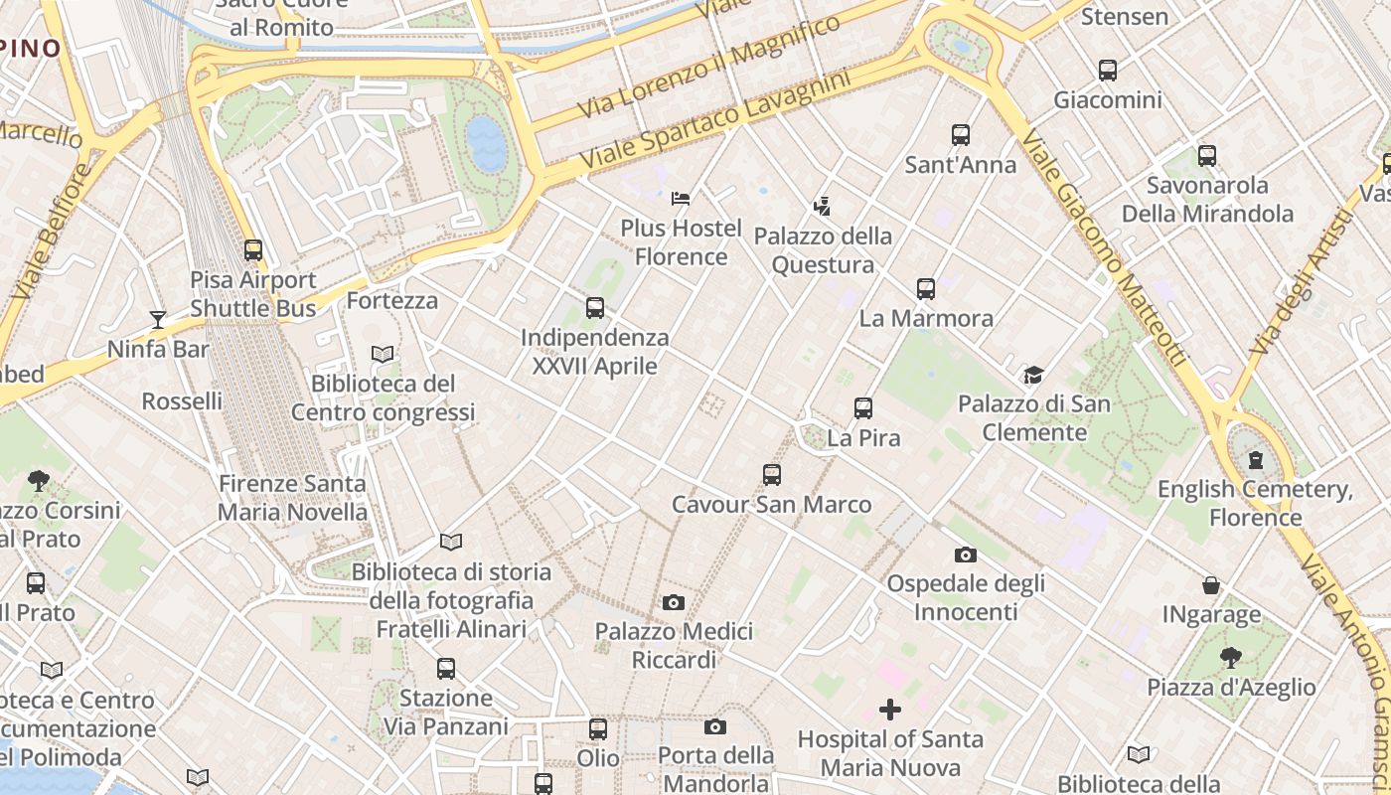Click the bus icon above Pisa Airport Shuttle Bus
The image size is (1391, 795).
(x=253, y=250)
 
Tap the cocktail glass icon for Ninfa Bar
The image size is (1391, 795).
(x=158, y=319)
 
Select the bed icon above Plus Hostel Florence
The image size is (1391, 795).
(x=681, y=199)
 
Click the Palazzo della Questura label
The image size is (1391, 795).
(x=823, y=250)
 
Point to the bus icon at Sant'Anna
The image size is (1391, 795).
(x=960, y=135)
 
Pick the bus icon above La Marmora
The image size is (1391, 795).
(x=926, y=289)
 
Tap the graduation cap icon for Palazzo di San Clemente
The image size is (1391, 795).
(x=1034, y=375)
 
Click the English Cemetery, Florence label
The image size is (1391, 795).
(x=1255, y=504)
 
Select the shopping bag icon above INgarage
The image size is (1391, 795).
(x=1211, y=585)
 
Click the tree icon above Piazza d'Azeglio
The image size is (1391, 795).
(x=1231, y=657)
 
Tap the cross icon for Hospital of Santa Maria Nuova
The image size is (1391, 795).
(x=890, y=710)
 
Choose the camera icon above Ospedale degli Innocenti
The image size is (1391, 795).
(x=965, y=555)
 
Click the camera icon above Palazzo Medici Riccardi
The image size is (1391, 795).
(x=674, y=602)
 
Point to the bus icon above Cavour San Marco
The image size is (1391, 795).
(x=772, y=475)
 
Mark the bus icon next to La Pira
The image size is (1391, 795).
(x=863, y=408)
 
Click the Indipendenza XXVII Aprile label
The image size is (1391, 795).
(x=595, y=352)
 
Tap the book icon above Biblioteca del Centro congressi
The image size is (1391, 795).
(x=383, y=354)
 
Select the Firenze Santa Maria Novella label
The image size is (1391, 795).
(x=292, y=498)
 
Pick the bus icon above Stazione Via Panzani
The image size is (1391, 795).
(x=446, y=669)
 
